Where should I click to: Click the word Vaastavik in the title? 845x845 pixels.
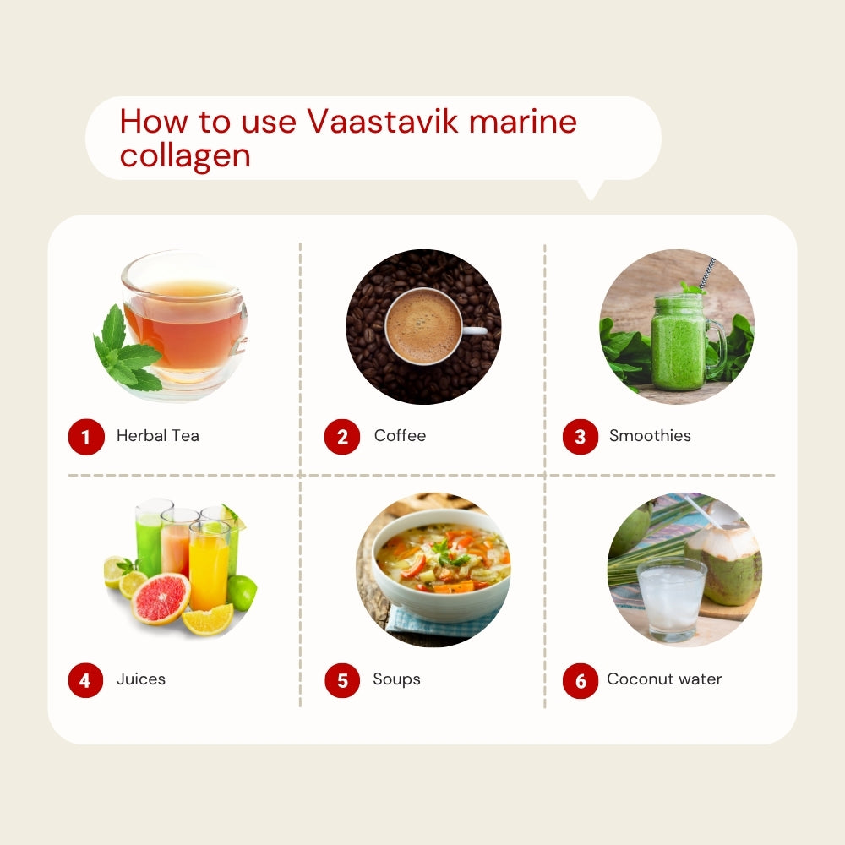[x=382, y=121]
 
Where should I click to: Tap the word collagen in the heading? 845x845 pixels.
[x=185, y=157]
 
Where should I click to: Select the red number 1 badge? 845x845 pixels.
[x=86, y=437]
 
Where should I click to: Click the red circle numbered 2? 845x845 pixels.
[x=342, y=437]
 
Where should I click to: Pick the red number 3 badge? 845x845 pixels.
[x=581, y=437]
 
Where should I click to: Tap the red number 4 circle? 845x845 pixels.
[x=85, y=680]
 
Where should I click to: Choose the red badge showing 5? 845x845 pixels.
[x=342, y=680]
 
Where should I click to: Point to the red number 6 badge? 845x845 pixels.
[x=581, y=680]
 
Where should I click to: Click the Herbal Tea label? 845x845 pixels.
[x=158, y=435]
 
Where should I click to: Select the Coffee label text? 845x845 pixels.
[x=400, y=435]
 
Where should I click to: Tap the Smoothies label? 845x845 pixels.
[x=650, y=435]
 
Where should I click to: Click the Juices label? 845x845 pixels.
[x=141, y=679]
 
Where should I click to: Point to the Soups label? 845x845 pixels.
[x=396, y=679]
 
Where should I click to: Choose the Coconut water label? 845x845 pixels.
[x=664, y=679]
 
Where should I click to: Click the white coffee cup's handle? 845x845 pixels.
[x=474, y=330]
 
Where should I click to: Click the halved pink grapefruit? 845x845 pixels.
[x=161, y=598]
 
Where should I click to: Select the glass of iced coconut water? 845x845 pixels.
[x=671, y=599]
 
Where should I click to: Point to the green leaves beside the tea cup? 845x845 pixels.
[x=128, y=351]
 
